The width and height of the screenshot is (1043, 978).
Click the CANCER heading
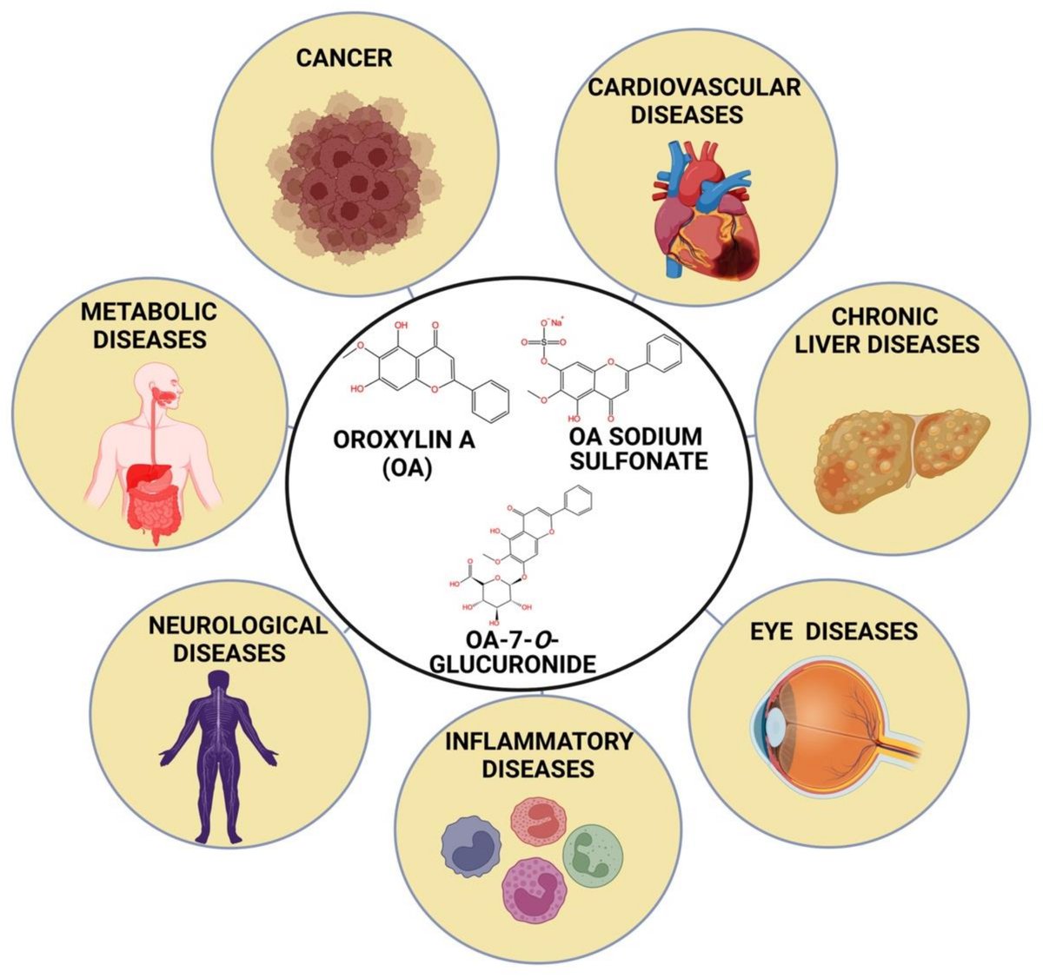coord(343,58)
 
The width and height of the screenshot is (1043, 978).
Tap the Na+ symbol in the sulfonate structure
coord(556,322)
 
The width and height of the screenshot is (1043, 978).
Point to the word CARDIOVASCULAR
coord(694,87)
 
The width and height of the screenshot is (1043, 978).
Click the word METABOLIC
coord(149,311)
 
